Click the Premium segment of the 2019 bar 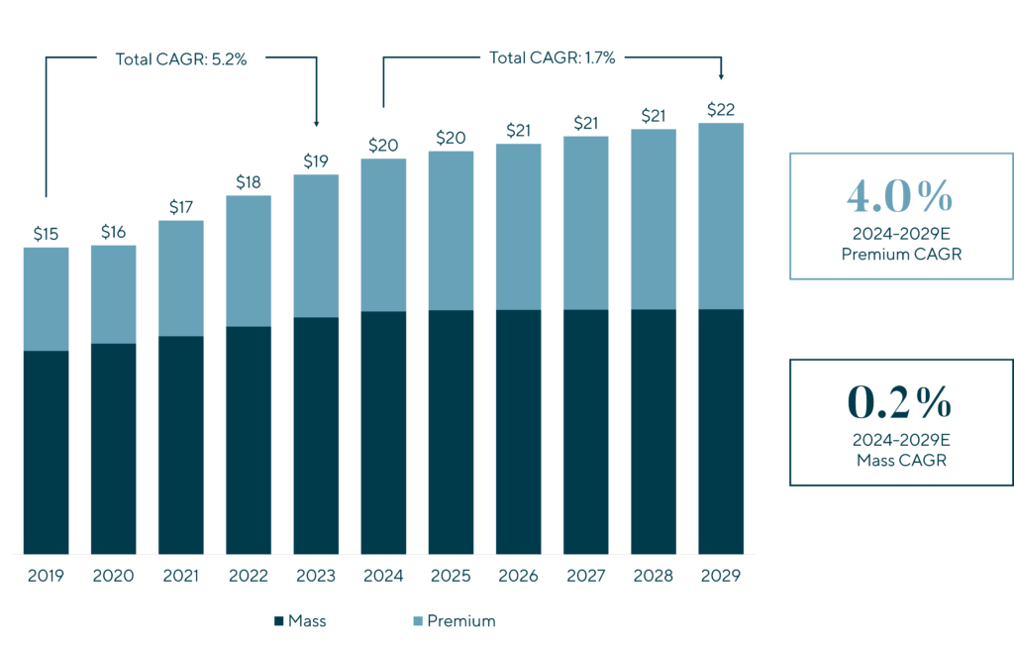[46, 298]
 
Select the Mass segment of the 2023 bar [316, 435]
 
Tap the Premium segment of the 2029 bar [720, 215]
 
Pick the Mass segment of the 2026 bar [518, 431]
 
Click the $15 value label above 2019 [46, 235]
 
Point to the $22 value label [720, 109]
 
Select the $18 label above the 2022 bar [249, 182]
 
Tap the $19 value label [316, 162]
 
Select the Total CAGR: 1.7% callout [553, 57]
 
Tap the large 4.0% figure [899, 198]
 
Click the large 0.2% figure [899, 403]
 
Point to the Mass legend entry [300, 621]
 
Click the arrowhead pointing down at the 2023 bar [316, 123]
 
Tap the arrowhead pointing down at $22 [720, 76]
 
